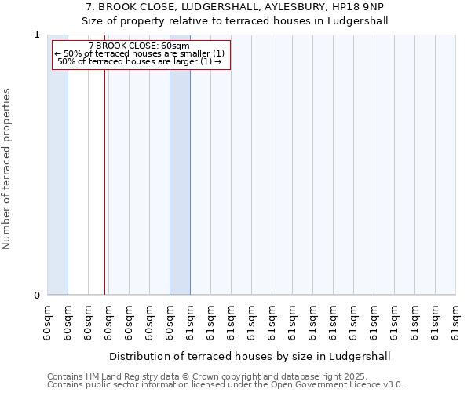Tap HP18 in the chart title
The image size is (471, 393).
(349, 8)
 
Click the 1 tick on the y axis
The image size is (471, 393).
(36, 35)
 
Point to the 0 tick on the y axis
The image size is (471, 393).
(36, 296)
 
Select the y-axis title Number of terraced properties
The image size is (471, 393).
(8, 169)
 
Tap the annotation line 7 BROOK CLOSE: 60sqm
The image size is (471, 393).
(140, 46)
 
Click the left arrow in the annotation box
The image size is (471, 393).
(58, 53)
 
